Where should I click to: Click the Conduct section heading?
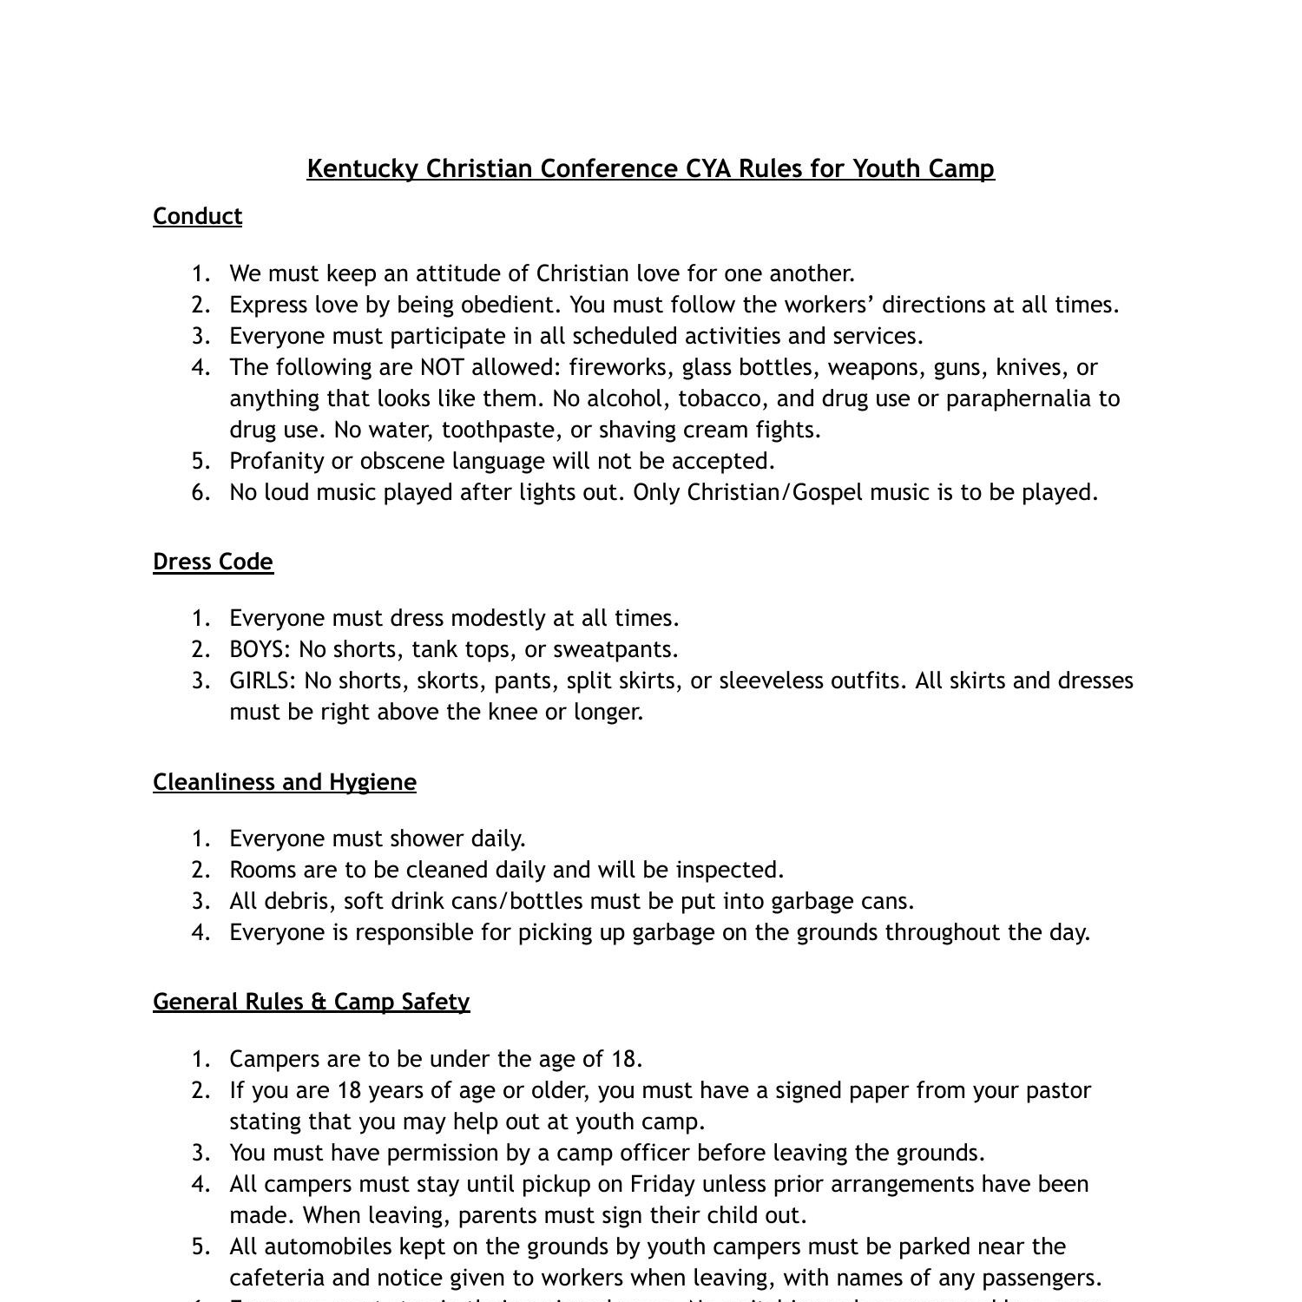click(197, 216)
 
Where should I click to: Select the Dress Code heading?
click(213, 562)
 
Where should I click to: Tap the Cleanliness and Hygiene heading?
click(285, 782)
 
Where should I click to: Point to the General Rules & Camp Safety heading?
click(311, 1002)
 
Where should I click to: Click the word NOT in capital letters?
click(442, 367)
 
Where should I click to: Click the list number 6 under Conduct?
click(201, 492)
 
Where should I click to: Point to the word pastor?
click(1061, 1090)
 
